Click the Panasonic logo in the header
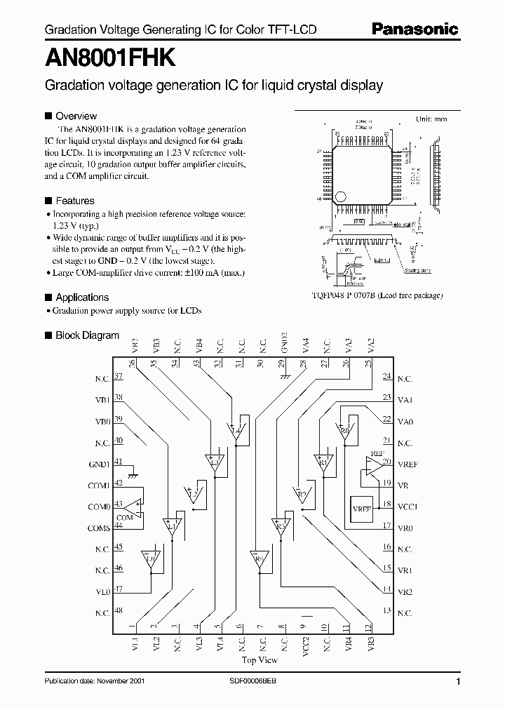coord(415,29)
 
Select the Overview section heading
coord(76,116)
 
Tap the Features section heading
coord(75,200)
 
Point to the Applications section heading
coord(82,297)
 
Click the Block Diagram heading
coord(87,335)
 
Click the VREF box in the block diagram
coord(362,509)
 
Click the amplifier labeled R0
coord(344,431)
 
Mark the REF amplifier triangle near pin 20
coord(373,464)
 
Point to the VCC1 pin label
coord(407,506)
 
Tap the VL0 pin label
coord(102,591)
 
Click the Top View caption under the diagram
coord(260,659)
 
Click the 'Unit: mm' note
coord(431,119)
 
